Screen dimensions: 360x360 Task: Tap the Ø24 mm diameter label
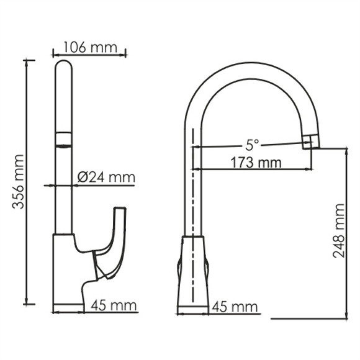click(x=106, y=178)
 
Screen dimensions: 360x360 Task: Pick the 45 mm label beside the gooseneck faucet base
click(x=234, y=306)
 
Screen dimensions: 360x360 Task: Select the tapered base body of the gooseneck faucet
click(x=194, y=273)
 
